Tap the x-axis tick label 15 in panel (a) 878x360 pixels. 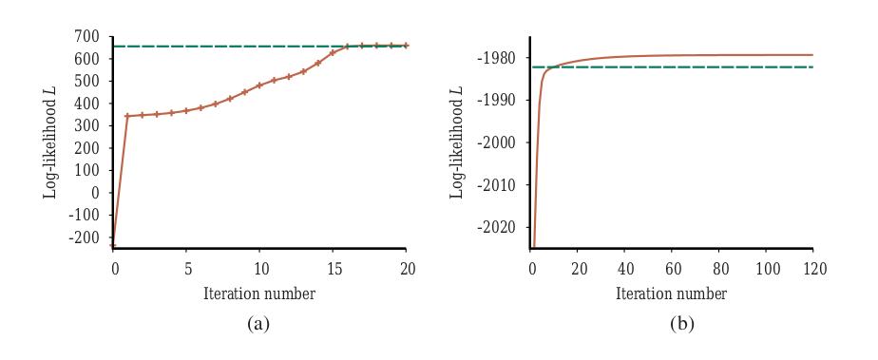pos(334,270)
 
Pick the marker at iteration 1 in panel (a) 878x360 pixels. pos(127,116)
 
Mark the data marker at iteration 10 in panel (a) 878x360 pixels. pos(259,85)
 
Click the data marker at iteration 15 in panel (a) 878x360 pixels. pos(333,53)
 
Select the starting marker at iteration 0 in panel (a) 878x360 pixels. pos(112,245)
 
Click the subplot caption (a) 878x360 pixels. pos(258,323)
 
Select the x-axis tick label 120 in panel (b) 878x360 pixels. pos(811,270)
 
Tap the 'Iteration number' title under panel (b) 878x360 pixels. pos(671,294)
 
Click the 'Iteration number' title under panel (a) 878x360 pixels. pos(258,294)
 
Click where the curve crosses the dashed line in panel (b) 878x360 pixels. pos(551,67)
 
